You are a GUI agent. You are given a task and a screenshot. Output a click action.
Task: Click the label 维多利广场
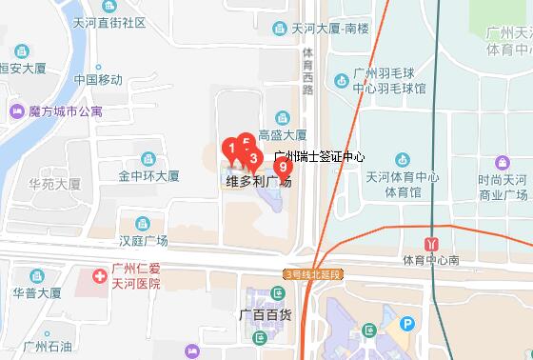pyautogui.click(x=258, y=181)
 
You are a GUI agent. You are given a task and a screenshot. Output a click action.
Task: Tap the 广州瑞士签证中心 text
pyautogui.click(x=319, y=155)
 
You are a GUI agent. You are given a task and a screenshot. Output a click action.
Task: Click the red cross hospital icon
pyautogui.click(x=98, y=276)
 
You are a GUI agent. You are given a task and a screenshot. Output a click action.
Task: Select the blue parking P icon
pyautogui.click(x=407, y=324)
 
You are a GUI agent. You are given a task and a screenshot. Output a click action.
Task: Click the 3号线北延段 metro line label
pyautogui.click(x=311, y=274)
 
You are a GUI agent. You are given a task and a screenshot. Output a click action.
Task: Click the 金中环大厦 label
pyautogui.click(x=148, y=176)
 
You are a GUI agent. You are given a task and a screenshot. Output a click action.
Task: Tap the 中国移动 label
pyautogui.click(x=98, y=78)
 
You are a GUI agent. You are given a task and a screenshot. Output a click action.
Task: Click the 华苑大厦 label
pyautogui.click(x=54, y=182)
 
